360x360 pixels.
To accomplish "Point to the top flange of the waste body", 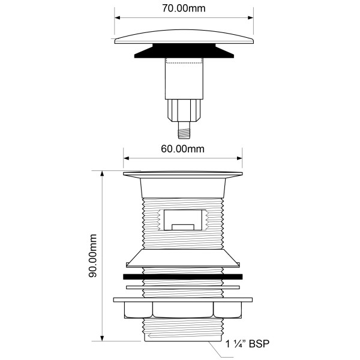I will [x=183, y=175].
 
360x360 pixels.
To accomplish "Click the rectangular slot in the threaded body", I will [x=182, y=219].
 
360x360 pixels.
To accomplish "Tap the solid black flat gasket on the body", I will [x=183, y=277].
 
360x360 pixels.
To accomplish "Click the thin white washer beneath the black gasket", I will [x=183, y=287].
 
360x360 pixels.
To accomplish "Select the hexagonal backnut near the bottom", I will [x=183, y=310].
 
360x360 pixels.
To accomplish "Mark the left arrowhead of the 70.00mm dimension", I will [x=117, y=17].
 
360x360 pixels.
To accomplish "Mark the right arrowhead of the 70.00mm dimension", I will [x=250, y=17].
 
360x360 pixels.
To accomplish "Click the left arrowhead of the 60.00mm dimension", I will [x=127, y=158].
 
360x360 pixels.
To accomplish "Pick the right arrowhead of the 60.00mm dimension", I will [x=239, y=158].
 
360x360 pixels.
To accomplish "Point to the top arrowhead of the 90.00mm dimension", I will [x=103, y=173].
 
